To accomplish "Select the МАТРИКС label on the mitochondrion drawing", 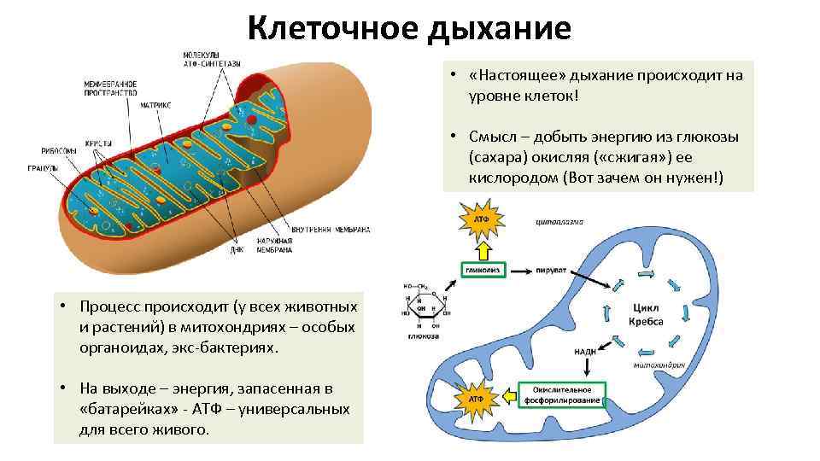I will click(x=156, y=104).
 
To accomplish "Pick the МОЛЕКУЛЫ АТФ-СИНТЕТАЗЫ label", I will click(x=212, y=60).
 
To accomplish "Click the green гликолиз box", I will click(x=483, y=269).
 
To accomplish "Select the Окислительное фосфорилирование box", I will click(x=562, y=394).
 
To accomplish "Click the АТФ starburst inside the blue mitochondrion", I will click(x=477, y=398).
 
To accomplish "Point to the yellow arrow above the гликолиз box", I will click(x=483, y=248).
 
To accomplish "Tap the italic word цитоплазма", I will click(x=559, y=222).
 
